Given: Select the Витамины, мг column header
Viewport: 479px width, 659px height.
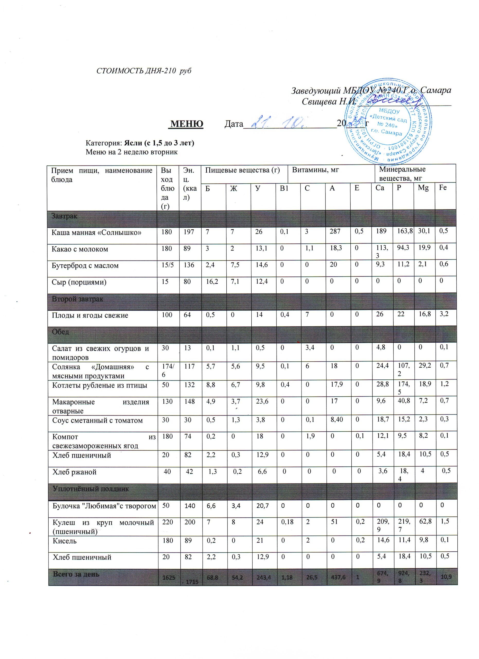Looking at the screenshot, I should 315,170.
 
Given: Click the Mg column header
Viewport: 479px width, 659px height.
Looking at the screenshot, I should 423,188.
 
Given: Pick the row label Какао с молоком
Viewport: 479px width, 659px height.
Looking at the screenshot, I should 80,249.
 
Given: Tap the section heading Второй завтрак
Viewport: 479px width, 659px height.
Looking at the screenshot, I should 77,299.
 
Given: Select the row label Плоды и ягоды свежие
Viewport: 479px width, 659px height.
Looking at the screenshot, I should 90,315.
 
